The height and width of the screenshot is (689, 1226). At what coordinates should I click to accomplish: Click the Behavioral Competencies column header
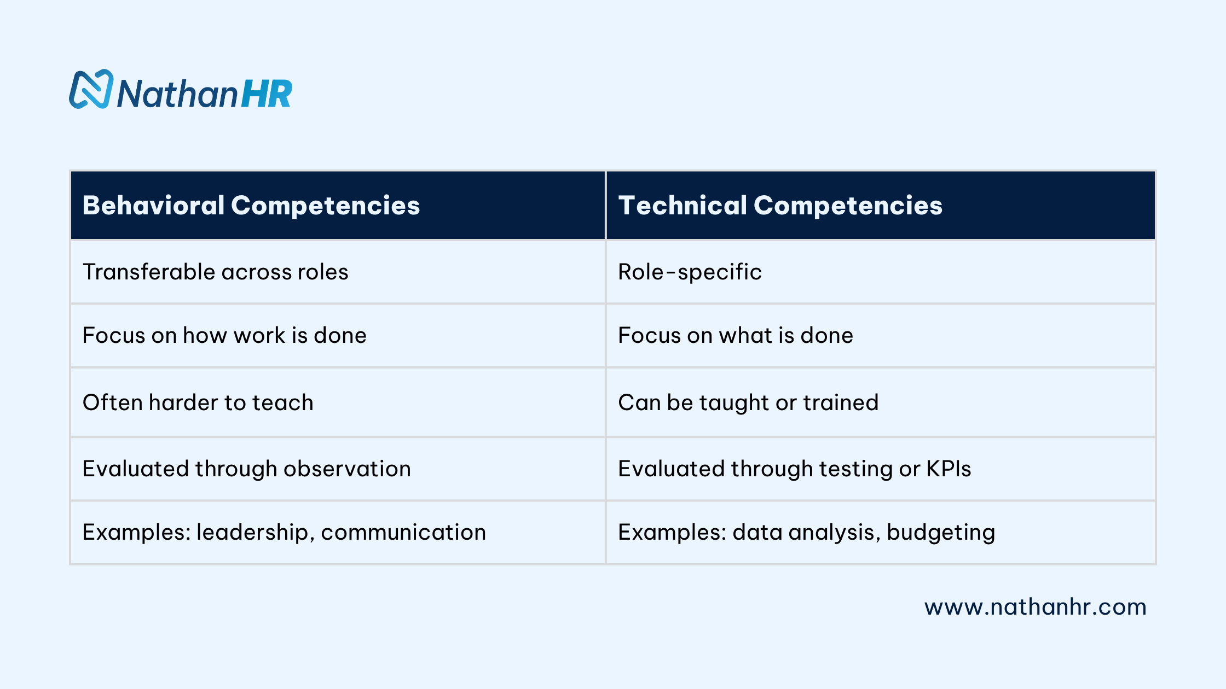click(x=251, y=206)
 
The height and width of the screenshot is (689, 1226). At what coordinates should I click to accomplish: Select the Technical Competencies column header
click(x=780, y=206)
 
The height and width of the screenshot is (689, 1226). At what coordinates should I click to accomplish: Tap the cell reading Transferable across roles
click(x=215, y=272)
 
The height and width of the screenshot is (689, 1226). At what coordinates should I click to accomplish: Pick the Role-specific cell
click(x=690, y=272)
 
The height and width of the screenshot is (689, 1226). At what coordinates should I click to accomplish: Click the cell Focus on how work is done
click(x=224, y=335)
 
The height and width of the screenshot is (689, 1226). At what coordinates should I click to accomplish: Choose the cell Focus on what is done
click(x=735, y=335)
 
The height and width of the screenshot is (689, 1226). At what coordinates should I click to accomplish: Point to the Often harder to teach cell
click(x=198, y=402)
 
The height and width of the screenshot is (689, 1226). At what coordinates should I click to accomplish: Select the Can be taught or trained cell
click(x=748, y=402)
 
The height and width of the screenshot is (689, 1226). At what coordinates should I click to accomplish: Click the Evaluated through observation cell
click(x=246, y=469)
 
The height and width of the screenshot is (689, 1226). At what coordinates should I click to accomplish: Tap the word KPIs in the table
click(x=948, y=469)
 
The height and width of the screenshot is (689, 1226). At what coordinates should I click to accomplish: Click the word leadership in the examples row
click(x=255, y=532)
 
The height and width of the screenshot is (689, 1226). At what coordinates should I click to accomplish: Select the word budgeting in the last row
click(x=940, y=533)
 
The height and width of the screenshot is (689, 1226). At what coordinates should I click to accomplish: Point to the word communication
click(x=403, y=532)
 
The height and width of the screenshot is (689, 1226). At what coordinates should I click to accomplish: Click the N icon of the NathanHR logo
click(x=91, y=89)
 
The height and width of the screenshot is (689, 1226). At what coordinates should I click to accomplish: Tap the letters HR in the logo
click(x=267, y=94)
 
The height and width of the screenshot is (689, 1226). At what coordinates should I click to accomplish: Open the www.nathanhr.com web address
click(x=1035, y=607)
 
